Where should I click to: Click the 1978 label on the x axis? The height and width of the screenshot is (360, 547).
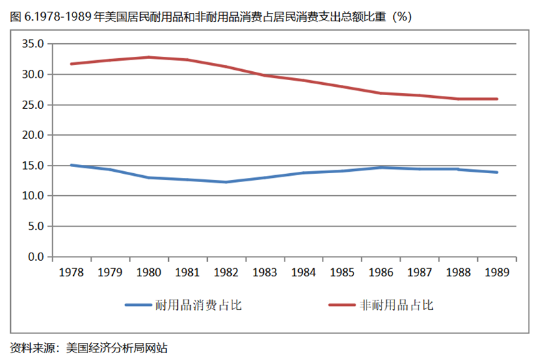[x=71, y=272]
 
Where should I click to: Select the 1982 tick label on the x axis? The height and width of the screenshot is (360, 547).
[x=226, y=272]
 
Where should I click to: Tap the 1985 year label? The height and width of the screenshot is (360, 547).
[x=342, y=272]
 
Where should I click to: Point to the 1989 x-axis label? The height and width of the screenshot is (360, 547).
[x=496, y=272]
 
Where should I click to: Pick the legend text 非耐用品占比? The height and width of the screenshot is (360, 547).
[x=397, y=305]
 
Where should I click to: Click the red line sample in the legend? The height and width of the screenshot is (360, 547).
[x=341, y=305]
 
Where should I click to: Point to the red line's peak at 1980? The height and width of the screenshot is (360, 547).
[x=148, y=57]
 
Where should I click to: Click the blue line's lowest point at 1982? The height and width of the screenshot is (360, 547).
[x=226, y=182]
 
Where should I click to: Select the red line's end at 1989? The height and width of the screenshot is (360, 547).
[x=496, y=99]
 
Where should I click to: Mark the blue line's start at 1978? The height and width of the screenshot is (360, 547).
[x=71, y=165]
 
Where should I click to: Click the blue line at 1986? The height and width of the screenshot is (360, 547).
[x=380, y=167]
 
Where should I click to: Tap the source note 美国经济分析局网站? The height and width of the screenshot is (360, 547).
[x=117, y=347]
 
